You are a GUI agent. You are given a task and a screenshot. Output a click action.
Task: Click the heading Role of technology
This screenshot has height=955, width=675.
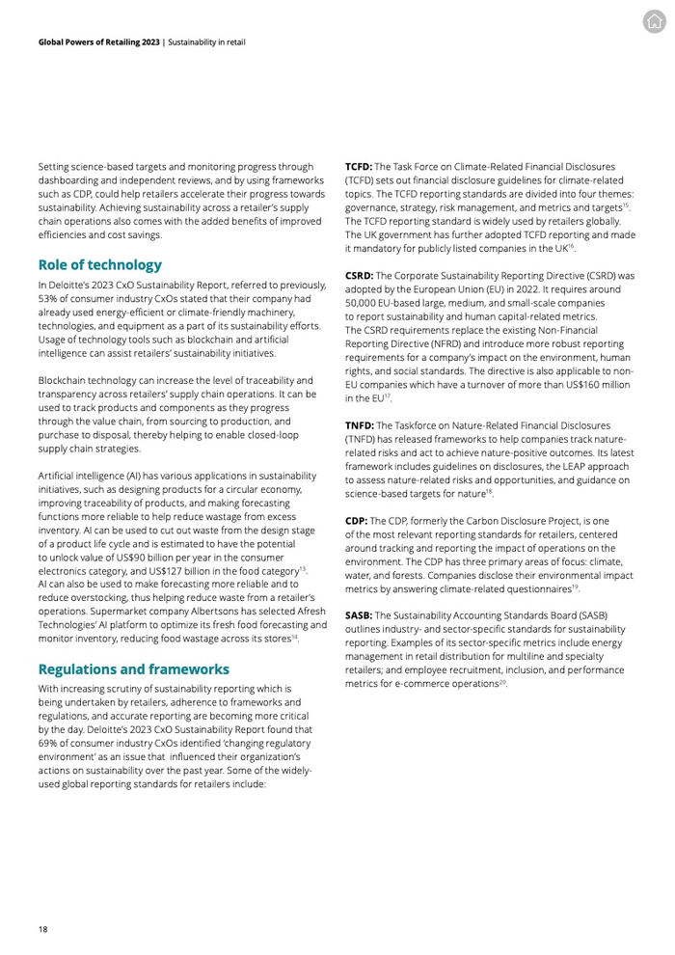(100, 264)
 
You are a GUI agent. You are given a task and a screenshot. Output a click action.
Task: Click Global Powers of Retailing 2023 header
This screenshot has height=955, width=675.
(99, 42)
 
